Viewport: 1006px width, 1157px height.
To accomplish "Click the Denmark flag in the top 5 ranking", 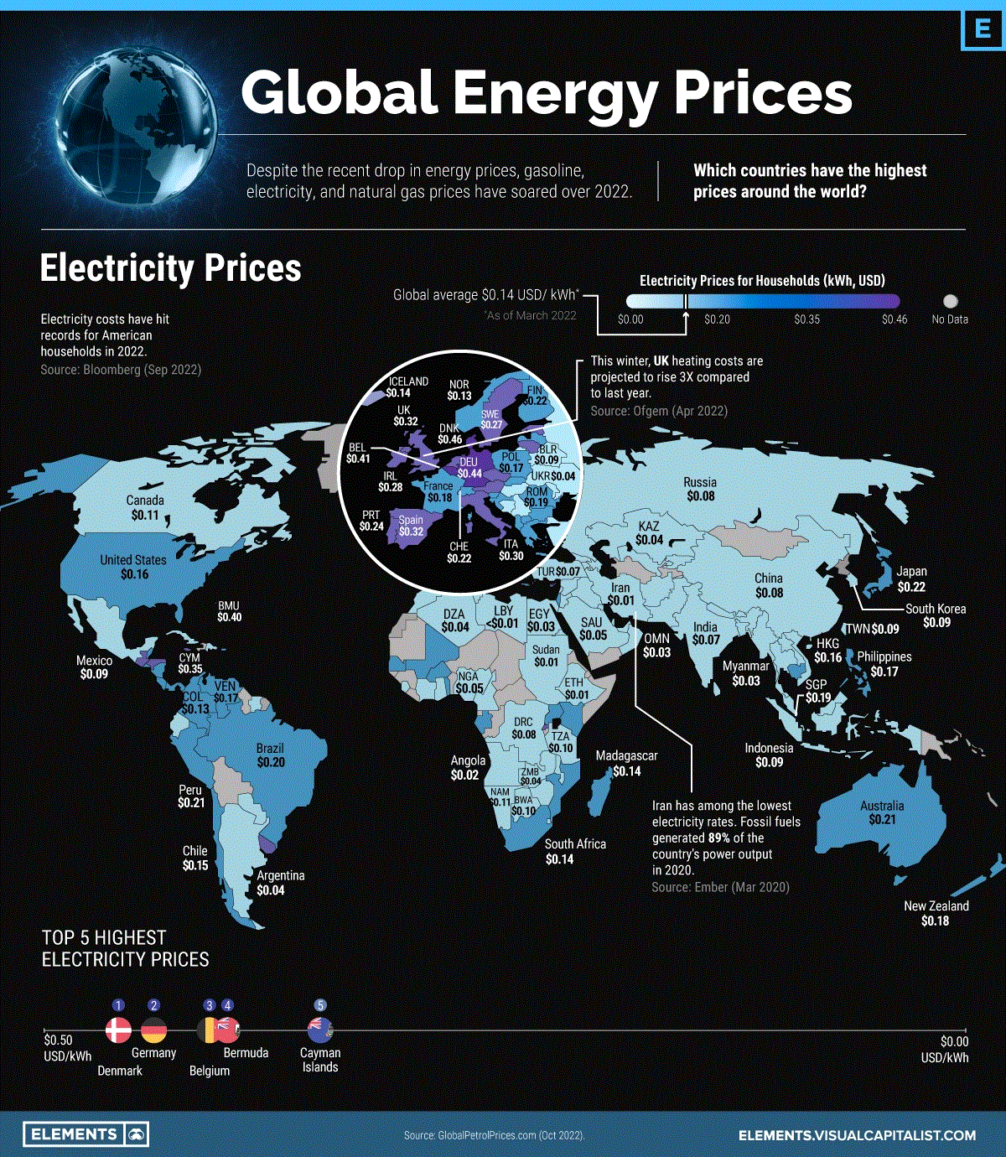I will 118,1030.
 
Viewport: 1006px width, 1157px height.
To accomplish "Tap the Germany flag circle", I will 153,1030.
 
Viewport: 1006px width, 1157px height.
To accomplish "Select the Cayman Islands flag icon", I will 320,1029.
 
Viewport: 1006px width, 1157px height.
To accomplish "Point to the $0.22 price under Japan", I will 911,587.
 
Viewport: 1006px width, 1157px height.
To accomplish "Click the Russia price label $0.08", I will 700,496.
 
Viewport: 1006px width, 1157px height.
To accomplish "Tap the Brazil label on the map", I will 270,748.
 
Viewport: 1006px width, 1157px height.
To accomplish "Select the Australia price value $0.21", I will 882,820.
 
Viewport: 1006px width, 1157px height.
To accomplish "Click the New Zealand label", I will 936,906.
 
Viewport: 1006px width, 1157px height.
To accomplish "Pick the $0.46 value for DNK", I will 450,439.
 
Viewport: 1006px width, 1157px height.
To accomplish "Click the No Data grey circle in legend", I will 950,301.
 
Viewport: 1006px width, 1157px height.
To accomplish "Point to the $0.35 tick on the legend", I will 807,319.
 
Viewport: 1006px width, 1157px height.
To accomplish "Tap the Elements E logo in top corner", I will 982,30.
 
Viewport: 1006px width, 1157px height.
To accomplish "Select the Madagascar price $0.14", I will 626,771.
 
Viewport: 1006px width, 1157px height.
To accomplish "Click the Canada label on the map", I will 145,501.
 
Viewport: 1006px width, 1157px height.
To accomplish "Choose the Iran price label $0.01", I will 621,601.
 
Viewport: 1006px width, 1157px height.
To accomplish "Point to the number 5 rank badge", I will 319,1005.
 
